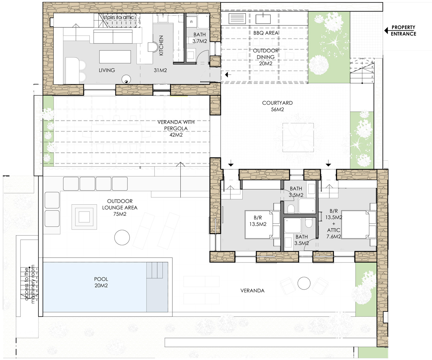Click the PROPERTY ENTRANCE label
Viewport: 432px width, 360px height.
tap(403, 31)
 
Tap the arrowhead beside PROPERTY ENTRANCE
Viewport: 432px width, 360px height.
tap(386, 31)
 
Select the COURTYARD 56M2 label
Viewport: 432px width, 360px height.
tap(277, 106)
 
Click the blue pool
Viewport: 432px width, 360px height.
tap(105, 287)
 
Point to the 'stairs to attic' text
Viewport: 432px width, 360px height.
tap(118, 17)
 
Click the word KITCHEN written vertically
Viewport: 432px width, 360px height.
tap(161, 45)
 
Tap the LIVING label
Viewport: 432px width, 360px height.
tap(107, 70)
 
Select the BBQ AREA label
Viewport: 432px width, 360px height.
tap(266, 33)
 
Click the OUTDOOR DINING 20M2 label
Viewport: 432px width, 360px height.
tap(266, 57)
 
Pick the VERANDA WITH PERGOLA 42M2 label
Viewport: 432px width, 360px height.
tap(176, 128)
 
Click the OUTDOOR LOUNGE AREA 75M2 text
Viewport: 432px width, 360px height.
tap(120, 208)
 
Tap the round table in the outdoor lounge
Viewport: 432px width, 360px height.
tap(122, 237)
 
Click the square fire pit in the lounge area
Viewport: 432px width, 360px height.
tap(84, 217)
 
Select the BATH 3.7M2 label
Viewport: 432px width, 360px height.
tap(199, 38)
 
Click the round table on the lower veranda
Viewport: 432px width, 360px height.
tap(304, 283)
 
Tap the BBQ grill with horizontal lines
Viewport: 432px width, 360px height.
tap(237, 19)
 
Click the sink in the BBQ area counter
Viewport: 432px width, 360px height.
tap(263, 19)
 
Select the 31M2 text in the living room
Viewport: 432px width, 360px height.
tap(160, 70)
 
